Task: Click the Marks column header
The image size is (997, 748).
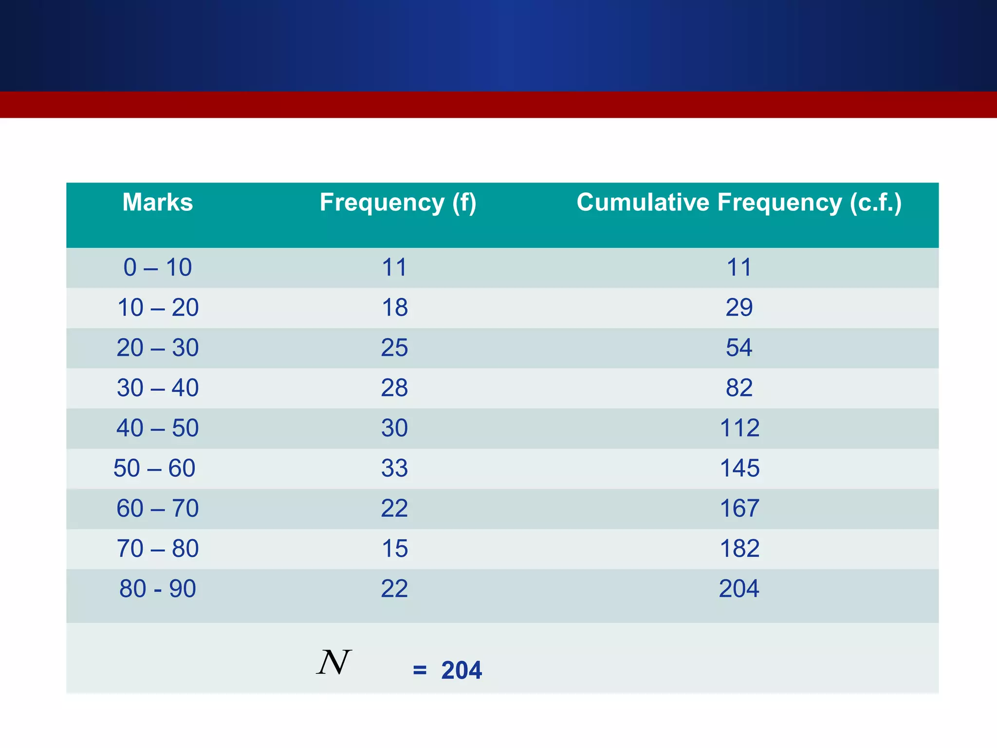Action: [x=157, y=202]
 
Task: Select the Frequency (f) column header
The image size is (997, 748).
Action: [x=398, y=203]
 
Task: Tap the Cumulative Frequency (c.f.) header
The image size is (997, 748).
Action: [x=739, y=203]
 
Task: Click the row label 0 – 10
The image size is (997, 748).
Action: [x=157, y=267]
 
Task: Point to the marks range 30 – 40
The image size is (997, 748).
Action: [x=157, y=388]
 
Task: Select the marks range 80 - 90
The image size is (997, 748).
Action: [x=157, y=589]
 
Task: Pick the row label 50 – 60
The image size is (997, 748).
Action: [x=154, y=468]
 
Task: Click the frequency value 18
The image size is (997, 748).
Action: [x=394, y=308]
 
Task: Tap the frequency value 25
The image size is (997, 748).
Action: [x=394, y=348]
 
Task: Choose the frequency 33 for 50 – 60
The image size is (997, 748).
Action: [x=394, y=468]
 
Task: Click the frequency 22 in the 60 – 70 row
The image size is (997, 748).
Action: [x=394, y=508]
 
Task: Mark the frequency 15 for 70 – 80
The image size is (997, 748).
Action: [x=394, y=549]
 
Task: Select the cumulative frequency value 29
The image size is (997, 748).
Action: [x=739, y=308]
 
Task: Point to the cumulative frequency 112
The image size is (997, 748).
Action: [x=739, y=428]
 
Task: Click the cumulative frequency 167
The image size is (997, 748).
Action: [x=739, y=508]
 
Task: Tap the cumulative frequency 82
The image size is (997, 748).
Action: [x=739, y=388]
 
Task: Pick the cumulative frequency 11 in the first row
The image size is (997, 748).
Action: [x=739, y=267]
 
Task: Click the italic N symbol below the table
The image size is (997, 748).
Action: [x=334, y=662]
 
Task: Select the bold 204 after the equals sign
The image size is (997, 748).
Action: [x=462, y=671]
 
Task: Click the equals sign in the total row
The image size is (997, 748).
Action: [x=420, y=671]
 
